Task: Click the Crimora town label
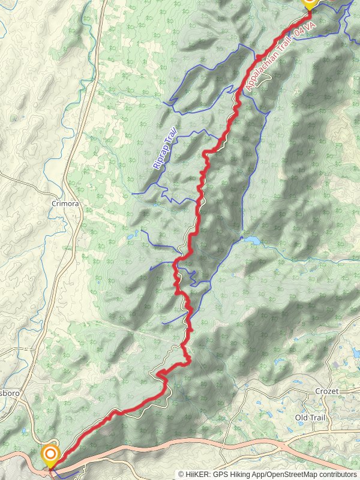click(65, 203)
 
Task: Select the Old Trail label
click(310, 417)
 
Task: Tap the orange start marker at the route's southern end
click(50, 454)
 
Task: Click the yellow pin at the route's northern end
click(309, 2)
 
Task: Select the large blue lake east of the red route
click(251, 241)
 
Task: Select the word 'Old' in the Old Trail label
click(301, 417)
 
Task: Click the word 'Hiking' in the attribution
click(241, 474)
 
